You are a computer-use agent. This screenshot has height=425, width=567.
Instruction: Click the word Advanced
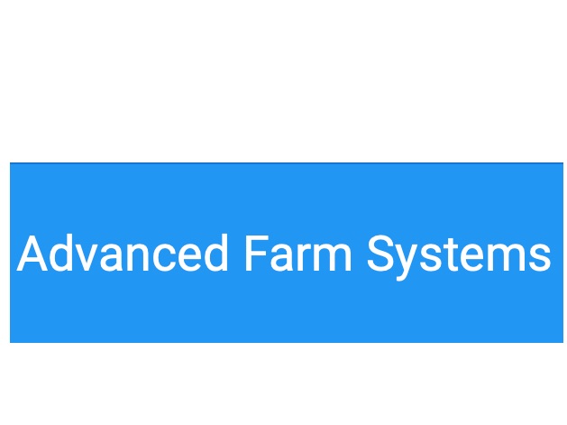coord(123,254)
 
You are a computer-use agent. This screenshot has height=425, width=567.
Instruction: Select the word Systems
coord(459,255)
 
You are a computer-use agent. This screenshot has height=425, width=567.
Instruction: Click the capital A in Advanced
coord(32,254)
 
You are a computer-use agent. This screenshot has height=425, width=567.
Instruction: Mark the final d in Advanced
coord(212,254)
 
